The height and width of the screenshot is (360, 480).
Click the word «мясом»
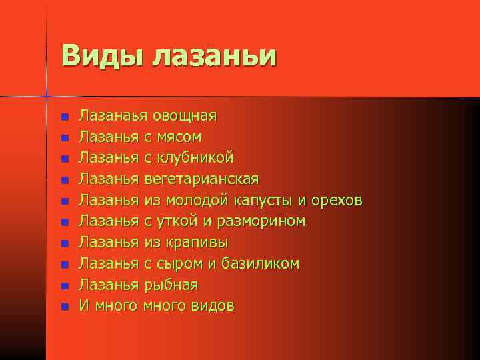click(x=178, y=137)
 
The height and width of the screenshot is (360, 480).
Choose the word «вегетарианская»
click(x=201, y=180)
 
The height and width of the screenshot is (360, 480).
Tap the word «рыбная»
click(x=171, y=285)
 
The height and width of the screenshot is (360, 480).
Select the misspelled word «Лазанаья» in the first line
click(x=109, y=116)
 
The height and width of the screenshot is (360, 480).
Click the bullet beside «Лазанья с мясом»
click(x=64, y=138)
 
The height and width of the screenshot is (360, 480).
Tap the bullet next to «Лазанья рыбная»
click(x=64, y=286)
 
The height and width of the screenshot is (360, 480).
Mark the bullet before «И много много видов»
click(x=64, y=307)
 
